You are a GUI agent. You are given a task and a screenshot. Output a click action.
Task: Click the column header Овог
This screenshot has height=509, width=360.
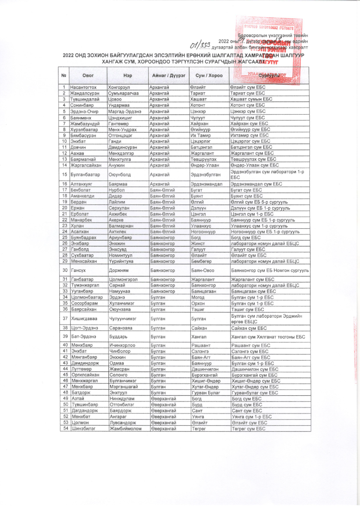click(88, 75)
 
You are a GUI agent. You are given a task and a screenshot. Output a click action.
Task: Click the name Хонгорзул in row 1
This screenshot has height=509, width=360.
click(120, 87)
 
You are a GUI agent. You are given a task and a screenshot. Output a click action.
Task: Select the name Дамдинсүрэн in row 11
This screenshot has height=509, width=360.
click(123, 147)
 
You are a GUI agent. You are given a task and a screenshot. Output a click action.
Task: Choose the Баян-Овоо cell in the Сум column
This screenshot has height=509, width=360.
click(202, 270)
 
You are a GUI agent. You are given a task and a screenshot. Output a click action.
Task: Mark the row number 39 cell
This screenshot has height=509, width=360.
click(63, 336)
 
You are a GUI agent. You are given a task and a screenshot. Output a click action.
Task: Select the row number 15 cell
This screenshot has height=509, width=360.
click(63, 175)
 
